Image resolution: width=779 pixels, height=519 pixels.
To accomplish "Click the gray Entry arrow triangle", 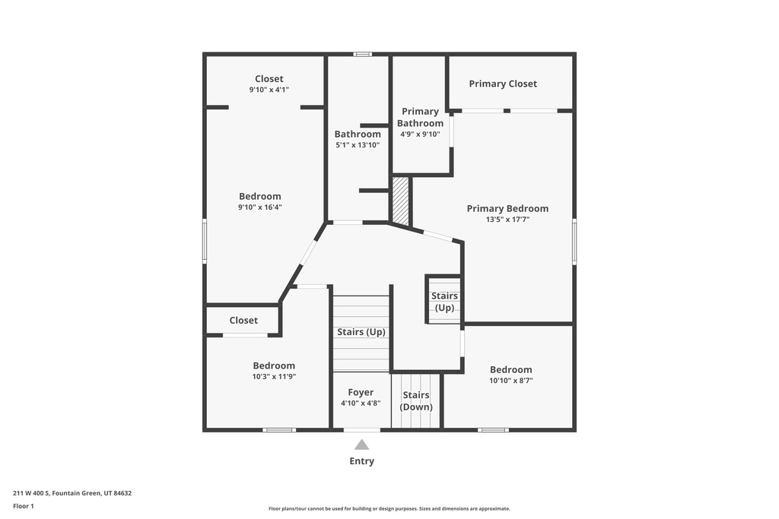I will click(x=362, y=445).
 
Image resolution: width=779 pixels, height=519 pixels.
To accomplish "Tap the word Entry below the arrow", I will click(x=362, y=461).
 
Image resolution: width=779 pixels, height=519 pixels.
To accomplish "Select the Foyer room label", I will click(x=361, y=393).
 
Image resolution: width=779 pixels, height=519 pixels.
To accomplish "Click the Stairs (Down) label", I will click(x=416, y=401).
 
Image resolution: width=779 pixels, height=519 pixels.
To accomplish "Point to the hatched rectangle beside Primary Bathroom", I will click(x=400, y=201).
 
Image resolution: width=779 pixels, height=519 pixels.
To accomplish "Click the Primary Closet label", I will click(x=503, y=84).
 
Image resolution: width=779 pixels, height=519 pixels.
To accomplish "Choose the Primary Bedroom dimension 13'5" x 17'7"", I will click(x=507, y=220).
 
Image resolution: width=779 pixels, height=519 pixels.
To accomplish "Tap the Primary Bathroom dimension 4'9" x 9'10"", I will click(x=420, y=134).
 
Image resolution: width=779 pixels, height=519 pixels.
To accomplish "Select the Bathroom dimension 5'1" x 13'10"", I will click(x=358, y=145).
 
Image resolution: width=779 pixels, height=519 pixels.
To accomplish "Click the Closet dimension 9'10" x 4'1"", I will click(x=269, y=90).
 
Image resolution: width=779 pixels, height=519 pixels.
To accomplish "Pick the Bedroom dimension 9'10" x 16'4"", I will click(x=260, y=207).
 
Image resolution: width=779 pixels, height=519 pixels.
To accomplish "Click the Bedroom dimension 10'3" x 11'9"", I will click(x=274, y=376).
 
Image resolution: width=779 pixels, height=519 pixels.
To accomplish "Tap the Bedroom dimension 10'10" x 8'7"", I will click(x=510, y=381).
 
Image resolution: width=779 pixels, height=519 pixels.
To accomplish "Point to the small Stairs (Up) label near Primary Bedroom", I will click(x=444, y=302).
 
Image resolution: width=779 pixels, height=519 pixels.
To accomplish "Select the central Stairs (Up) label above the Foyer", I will click(x=361, y=332).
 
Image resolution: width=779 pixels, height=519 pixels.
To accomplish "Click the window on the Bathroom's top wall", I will click(x=363, y=54).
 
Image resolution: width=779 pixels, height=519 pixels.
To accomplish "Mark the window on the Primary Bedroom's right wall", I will click(x=574, y=242).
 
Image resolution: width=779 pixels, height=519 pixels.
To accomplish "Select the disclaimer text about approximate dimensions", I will click(x=389, y=509).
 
